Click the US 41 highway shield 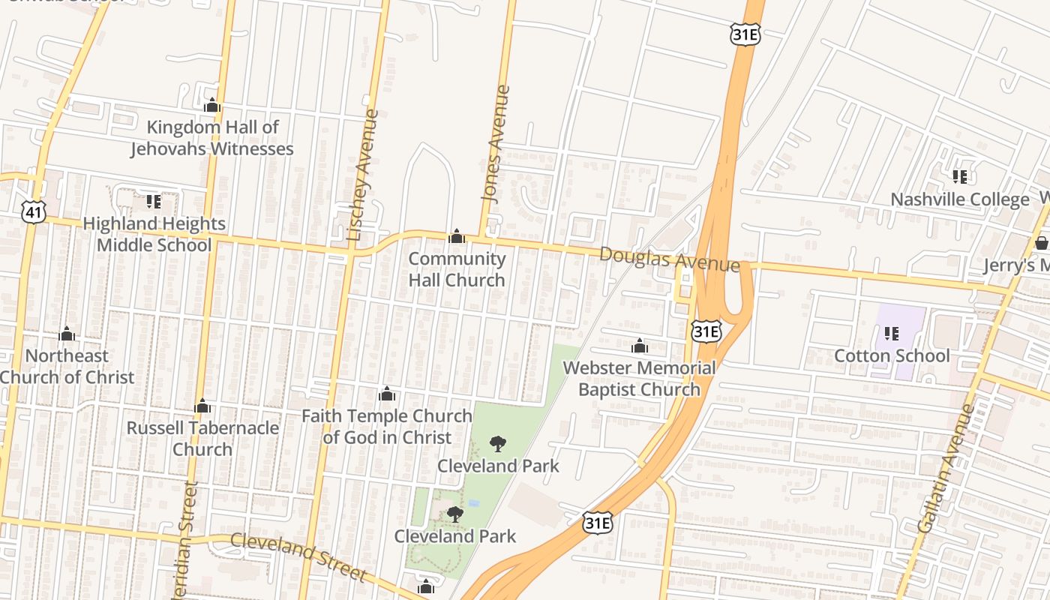pos(33,212)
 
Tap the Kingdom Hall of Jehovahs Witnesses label pos(212,138)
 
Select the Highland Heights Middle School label pos(154,234)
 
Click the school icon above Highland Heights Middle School pos(153,201)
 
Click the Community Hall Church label pos(457,269)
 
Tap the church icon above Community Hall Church pos(456,238)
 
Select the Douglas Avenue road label pos(669,259)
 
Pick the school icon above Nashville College pos(959,177)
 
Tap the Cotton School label pos(892,355)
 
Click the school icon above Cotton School pos(891,333)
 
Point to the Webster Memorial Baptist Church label pos(639,379)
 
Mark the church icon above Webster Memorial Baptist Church pos(640,346)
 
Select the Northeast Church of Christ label pos(67,366)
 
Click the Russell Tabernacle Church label pos(202,438)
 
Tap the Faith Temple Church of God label pos(387,426)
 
